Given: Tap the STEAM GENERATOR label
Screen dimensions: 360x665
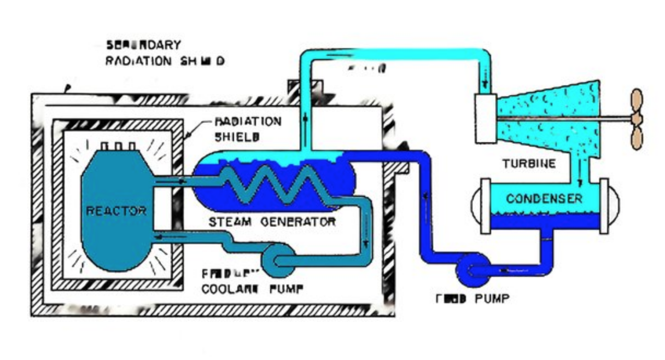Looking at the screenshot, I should (272, 222).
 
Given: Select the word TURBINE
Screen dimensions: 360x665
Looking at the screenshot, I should (529, 163).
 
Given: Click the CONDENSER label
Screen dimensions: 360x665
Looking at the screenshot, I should (544, 198).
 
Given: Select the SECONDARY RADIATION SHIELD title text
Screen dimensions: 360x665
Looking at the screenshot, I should (164, 53).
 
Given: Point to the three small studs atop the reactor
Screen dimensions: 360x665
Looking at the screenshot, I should (117, 146).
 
